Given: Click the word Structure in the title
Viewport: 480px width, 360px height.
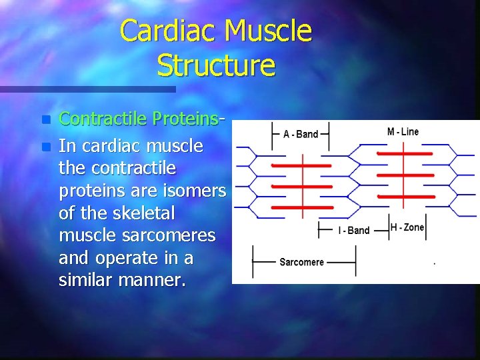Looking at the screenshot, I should tap(216, 65).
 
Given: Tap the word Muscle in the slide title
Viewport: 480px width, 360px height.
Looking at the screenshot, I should tap(269, 31).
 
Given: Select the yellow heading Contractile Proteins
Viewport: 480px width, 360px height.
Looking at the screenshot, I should tap(141, 119).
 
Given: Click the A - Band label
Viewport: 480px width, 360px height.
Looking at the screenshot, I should tap(301, 134).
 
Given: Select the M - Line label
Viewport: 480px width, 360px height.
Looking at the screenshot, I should tap(403, 131).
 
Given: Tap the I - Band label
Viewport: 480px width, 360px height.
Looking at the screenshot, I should tap(353, 230).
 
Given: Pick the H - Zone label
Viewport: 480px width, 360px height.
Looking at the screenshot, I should tap(407, 227).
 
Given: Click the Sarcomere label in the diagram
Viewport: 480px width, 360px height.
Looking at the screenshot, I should tap(301, 262).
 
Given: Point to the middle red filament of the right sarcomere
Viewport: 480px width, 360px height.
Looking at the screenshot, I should tap(405, 175).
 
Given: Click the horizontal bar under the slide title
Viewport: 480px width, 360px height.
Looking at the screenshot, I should tap(87, 89).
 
